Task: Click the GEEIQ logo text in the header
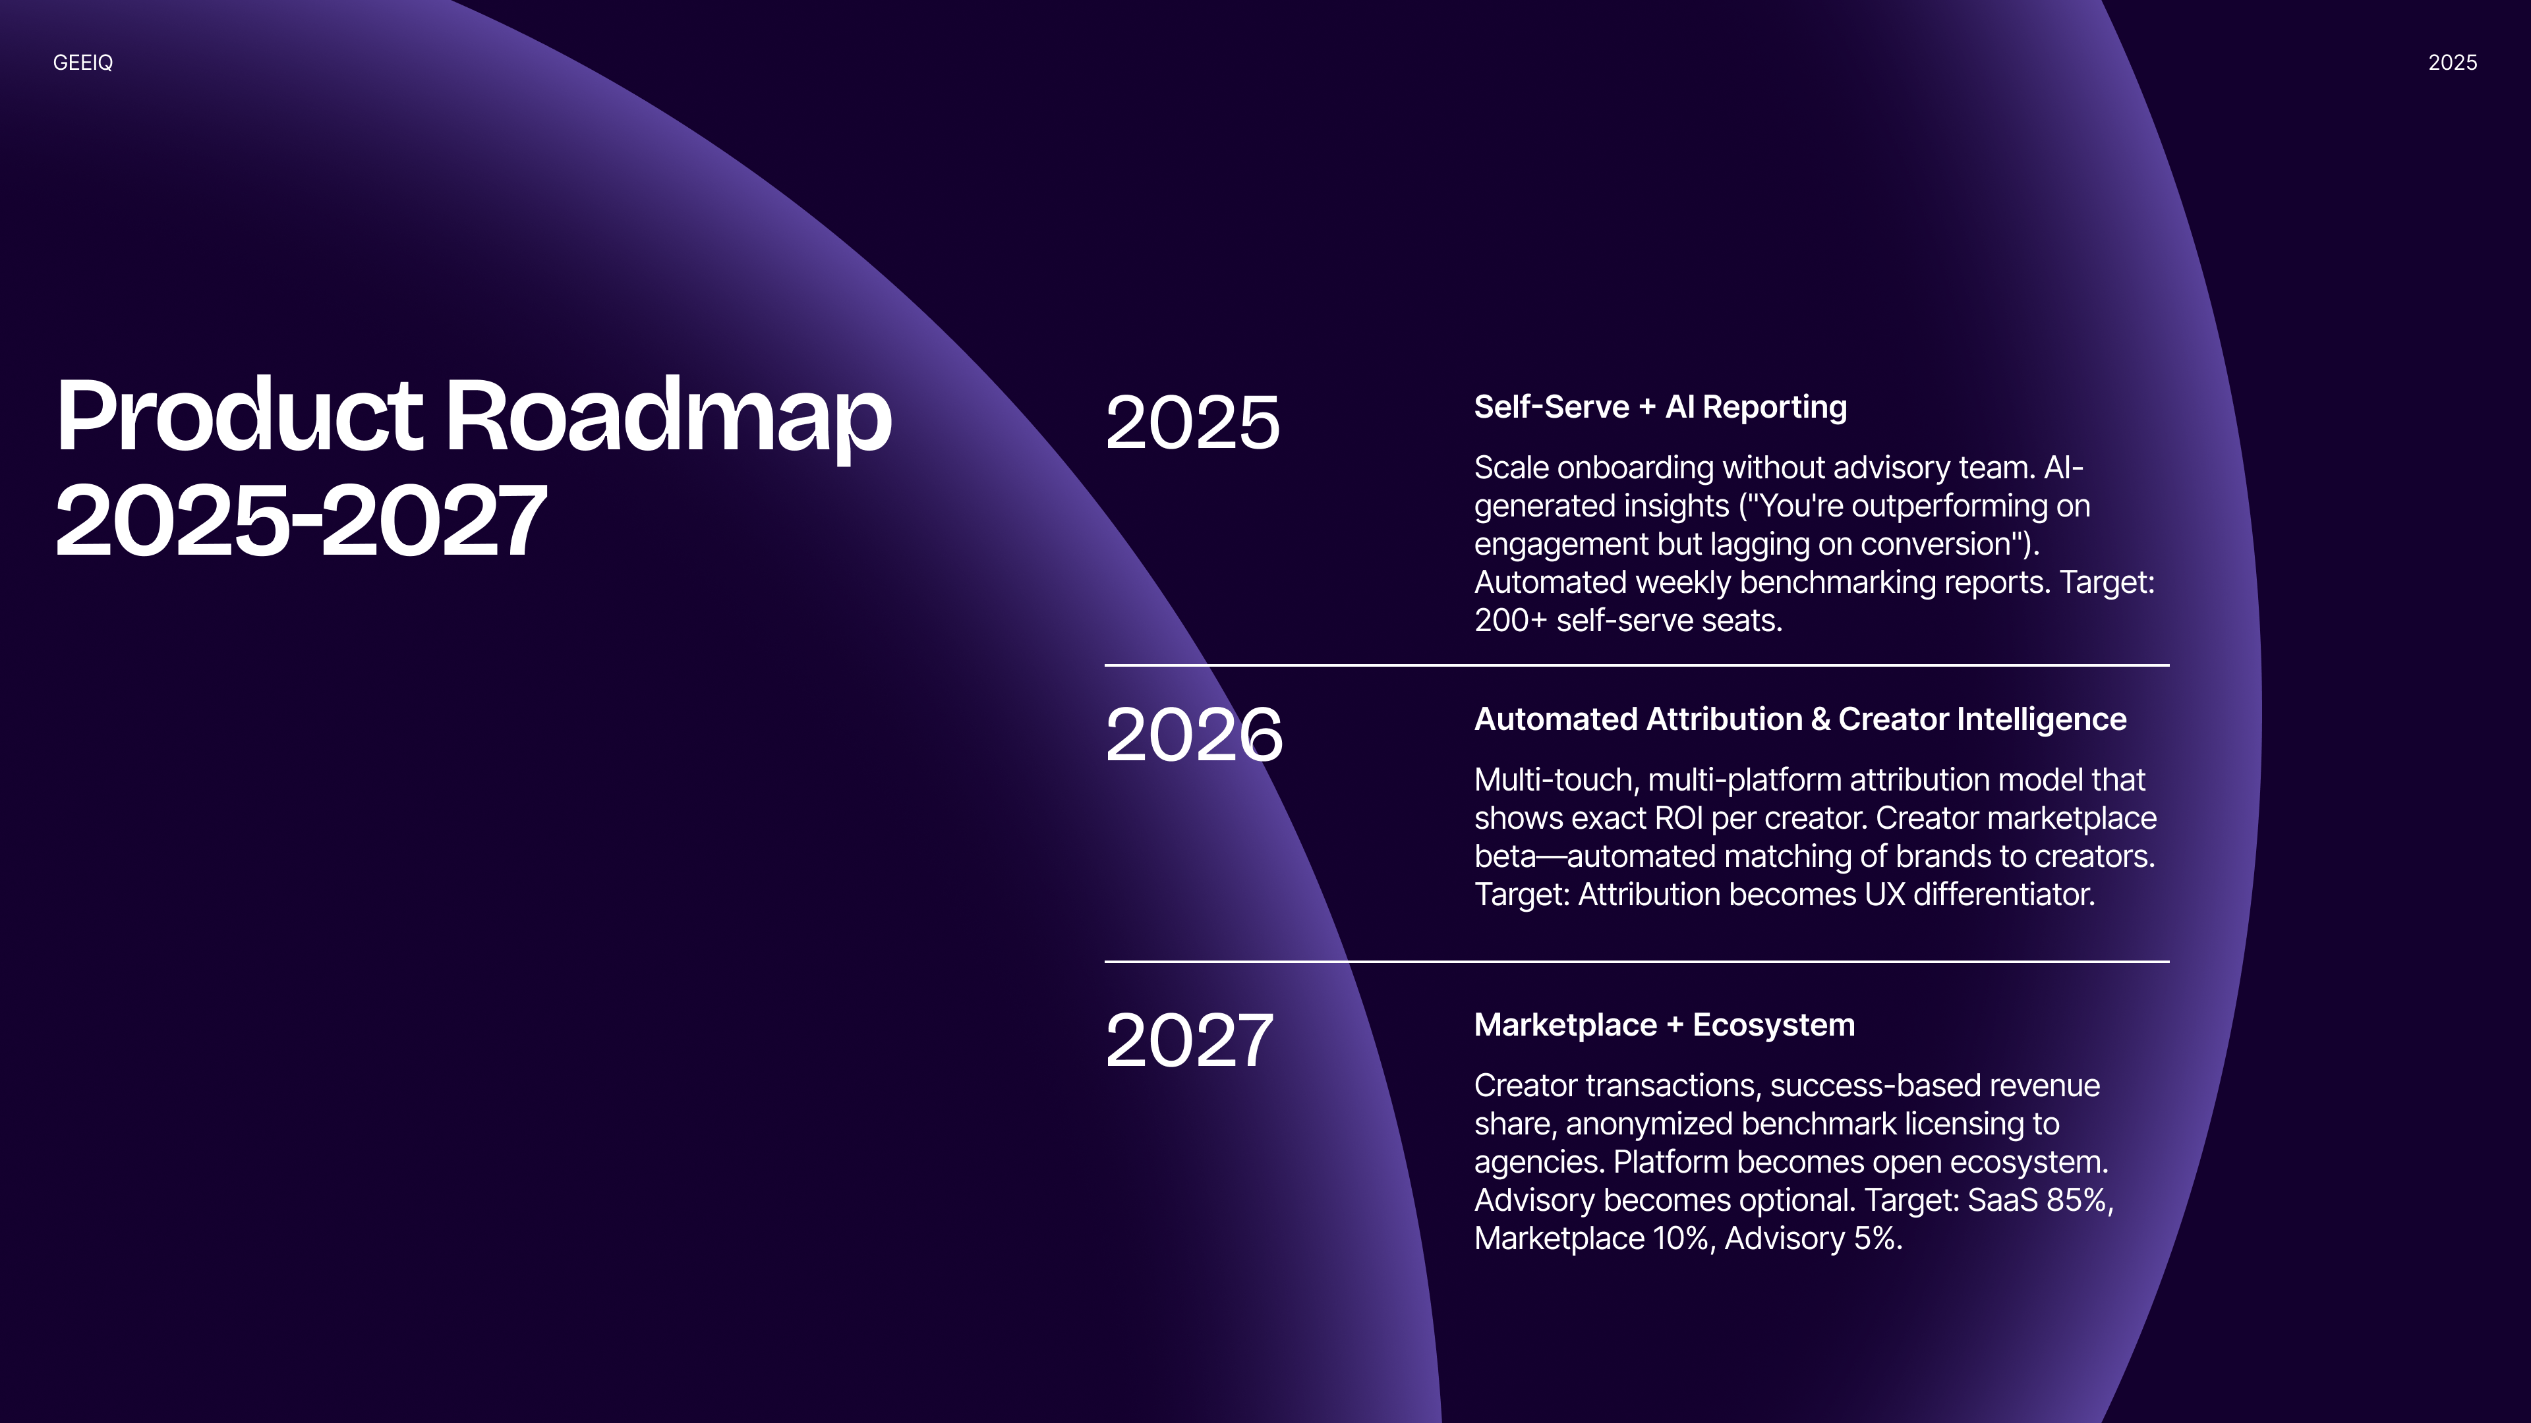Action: [x=82, y=63]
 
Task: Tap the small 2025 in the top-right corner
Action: [x=2453, y=63]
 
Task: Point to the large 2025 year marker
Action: [x=1193, y=422]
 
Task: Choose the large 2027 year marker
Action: [x=1189, y=1040]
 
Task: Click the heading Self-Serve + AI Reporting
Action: [x=1660, y=406]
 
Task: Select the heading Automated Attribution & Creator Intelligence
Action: [x=1800, y=719]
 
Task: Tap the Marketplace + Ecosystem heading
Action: [x=1664, y=1024]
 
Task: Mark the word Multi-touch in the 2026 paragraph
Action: [x=1556, y=780]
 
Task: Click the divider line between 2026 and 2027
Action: [x=1637, y=961]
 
